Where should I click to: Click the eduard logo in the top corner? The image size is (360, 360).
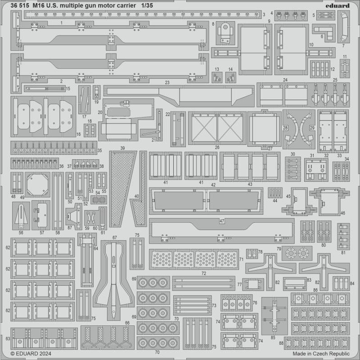(337, 5)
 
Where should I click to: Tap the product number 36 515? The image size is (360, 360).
(20, 6)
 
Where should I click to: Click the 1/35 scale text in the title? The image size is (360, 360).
(147, 6)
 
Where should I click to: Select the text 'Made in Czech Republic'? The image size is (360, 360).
(321, 354)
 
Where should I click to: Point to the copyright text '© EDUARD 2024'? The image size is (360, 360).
(31, 354)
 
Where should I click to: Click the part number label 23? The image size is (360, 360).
(167, 82)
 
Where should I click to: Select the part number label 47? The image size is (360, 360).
(222, 221)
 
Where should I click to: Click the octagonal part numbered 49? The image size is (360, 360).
(37, 184)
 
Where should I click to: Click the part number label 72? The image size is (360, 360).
(204, 273)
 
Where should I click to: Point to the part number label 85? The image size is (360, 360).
(273, 337)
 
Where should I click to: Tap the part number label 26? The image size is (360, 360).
(217, 148)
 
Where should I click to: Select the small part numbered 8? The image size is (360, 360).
(225, 33)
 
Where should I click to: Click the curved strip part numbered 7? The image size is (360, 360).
(343, 27)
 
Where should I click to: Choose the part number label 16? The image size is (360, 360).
(78, 134)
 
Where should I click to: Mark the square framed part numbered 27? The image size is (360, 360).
(265, 129)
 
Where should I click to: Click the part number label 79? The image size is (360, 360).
(279, 249)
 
